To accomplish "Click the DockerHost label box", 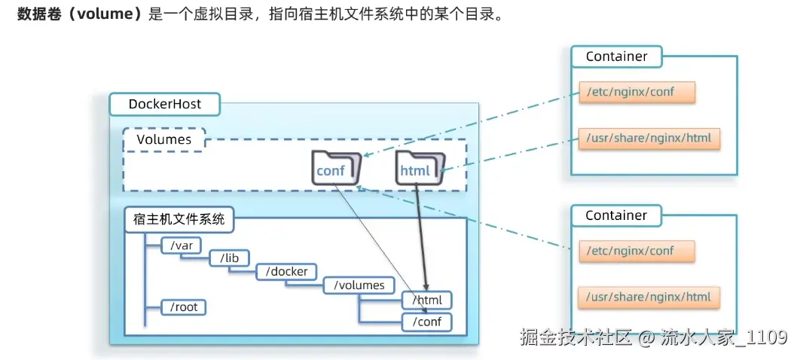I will [164, 104].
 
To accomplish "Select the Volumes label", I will [163, 140].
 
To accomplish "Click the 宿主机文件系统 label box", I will [179, 220].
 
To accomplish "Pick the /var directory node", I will [182, 246].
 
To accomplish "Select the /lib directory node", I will [229, 258].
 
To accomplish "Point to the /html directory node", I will [426, 301].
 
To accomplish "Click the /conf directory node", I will [426, 322].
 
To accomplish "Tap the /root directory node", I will [185, 307].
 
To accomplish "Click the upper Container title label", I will [616, 56].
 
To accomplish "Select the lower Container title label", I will [616, 215].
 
